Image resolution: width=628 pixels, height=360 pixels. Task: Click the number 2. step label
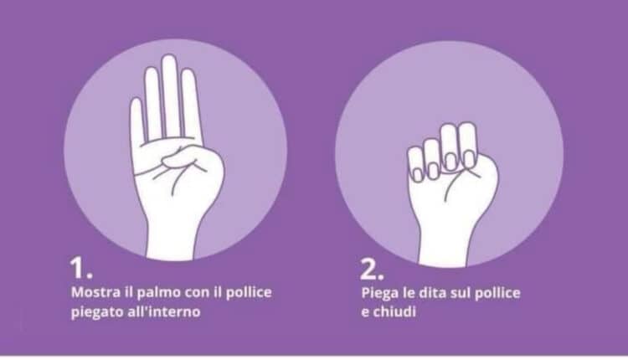coord(372,270)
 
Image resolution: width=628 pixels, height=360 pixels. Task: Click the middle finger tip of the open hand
coord(169,63)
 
